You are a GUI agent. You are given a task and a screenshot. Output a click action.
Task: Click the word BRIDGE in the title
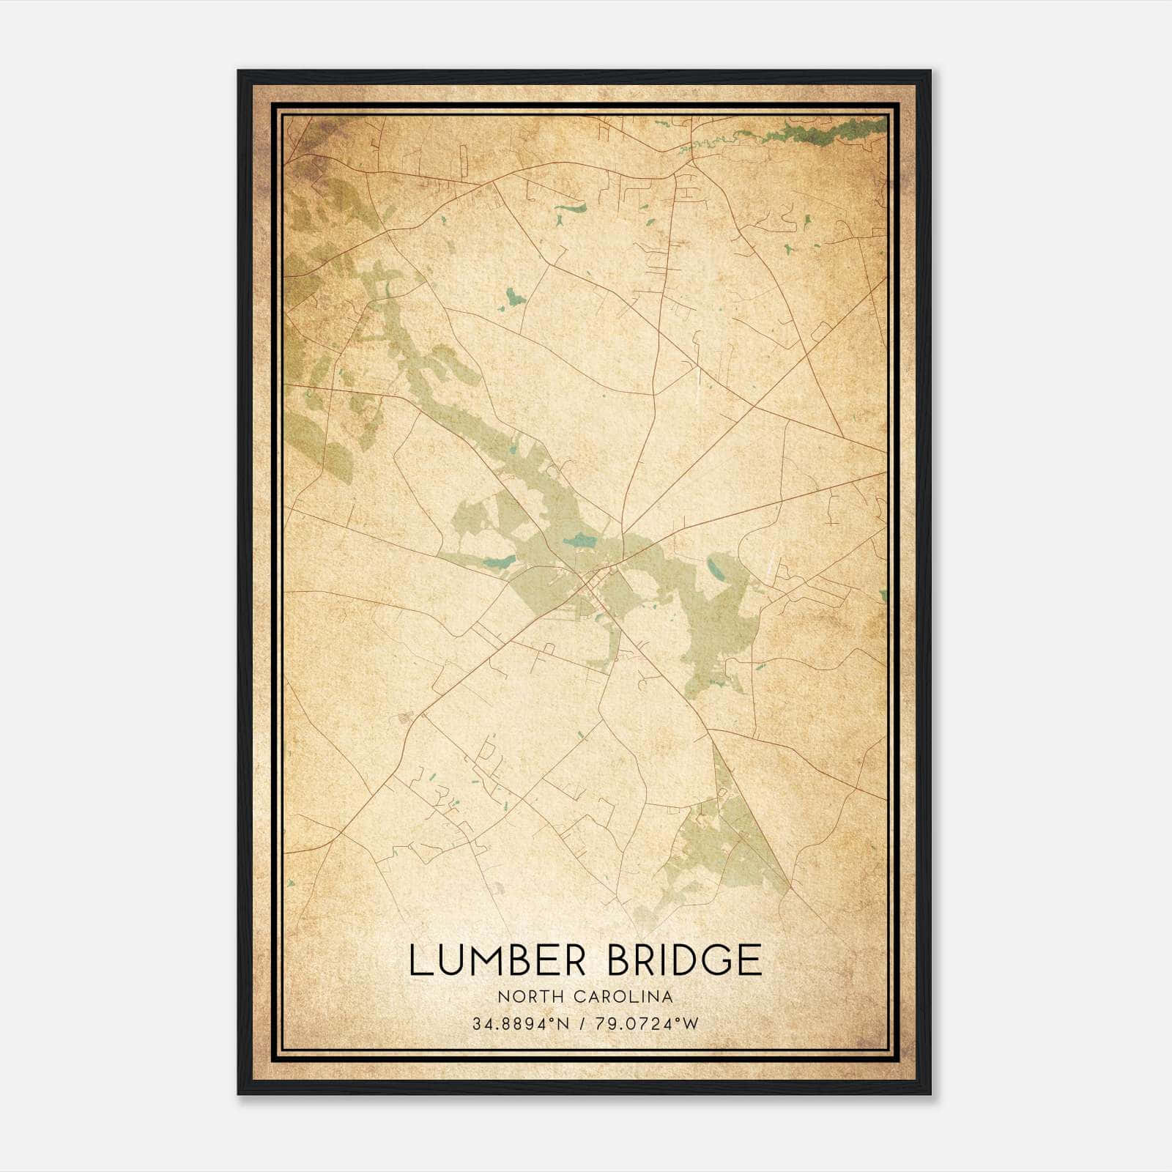[x=685, y=960]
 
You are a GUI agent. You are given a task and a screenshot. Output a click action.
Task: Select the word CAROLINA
[x=625, y=996]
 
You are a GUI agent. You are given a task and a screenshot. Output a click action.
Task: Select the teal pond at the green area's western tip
[x=498, y=563]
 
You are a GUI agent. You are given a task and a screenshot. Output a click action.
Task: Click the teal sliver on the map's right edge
[x=884, y=596]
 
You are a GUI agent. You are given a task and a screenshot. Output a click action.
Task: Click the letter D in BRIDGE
[x=684, y=960]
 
